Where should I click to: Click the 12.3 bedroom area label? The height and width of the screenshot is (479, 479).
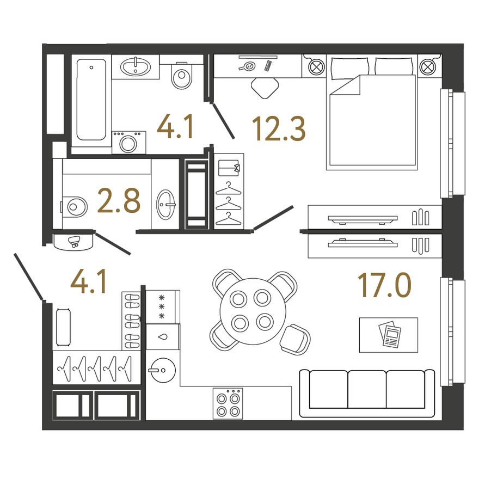click(x=279, y=128)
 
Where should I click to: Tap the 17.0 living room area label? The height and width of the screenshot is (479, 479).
click(x=384, y=286)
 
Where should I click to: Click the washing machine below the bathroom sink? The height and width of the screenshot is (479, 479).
click(x=128, y=143)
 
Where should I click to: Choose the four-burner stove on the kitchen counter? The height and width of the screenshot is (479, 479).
click(x=228, y=403)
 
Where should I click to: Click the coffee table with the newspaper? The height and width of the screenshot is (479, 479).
click(x=389, y=335)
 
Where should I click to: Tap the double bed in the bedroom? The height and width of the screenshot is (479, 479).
click(x=373, y=120)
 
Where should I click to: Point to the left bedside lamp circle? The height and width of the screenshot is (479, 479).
click(x=316, y=67)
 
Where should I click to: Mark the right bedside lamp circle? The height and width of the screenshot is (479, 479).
click(x=428, y=67)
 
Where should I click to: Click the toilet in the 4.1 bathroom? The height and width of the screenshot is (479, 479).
click(x=182, y=77)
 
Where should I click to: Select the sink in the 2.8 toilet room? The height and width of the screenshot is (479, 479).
click(x=165, y=205)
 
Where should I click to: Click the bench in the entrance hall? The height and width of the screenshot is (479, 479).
click(x=63, y=327)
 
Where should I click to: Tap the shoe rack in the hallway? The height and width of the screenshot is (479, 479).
click(x=132, y=321)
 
